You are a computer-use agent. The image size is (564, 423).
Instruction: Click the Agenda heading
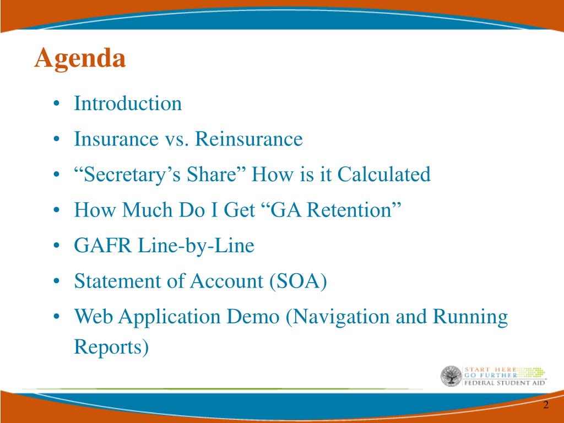(80, 58)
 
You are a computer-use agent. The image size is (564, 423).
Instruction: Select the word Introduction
(128, 103)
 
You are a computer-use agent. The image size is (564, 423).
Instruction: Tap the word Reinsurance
(248, 139)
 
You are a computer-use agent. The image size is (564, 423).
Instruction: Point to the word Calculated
(384, 174)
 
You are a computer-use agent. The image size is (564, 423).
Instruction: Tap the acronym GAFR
(103, 245)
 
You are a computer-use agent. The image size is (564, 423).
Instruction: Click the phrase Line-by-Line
(196, 246)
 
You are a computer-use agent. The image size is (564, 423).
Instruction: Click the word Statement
(117, 281)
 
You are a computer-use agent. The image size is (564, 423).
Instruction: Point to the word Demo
(253, 317)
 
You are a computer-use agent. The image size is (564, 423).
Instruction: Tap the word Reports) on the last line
(111, 347)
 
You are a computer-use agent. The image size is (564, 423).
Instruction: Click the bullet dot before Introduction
(56, 104)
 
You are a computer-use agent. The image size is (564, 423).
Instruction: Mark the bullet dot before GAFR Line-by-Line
(56, 246)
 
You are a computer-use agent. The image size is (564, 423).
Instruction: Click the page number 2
(546, 405)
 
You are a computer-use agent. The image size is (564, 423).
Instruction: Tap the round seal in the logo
(451, 376)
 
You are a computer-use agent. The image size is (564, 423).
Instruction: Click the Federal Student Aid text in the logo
(505, 383)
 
